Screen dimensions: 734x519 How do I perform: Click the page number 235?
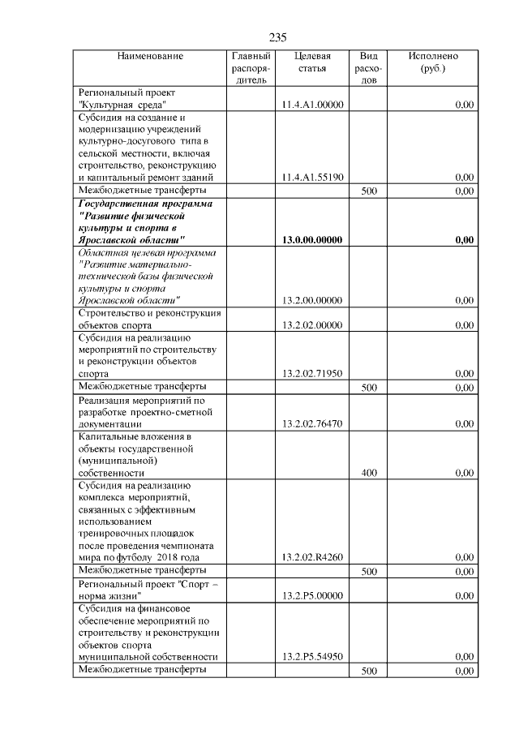click(x=277, y=37)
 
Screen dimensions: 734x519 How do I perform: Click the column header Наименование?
click(x=150, y=56)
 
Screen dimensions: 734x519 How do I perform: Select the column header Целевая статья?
click(x=312, y=62)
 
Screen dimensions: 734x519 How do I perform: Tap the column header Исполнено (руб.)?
click(x=433, y=62)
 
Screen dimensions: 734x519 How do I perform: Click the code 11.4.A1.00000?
click(x=312, y=105)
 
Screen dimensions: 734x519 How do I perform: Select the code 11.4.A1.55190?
click(x=312, y=177)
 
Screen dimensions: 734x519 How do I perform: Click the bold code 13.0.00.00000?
click(x=312, y=239)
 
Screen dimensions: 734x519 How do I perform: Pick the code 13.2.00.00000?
click(x=312, y=300)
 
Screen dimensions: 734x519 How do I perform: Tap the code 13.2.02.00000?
click(x=312, y=325)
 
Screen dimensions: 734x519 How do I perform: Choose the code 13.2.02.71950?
click(x=312, y=374)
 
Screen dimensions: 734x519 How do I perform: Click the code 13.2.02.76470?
click(x=312, y=423)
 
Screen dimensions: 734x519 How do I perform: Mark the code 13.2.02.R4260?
click(x=312, y=557)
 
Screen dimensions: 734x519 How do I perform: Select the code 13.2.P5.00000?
click(x=312, y=595)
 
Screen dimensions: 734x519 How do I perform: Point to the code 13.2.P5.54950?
click(x=312, y=656)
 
